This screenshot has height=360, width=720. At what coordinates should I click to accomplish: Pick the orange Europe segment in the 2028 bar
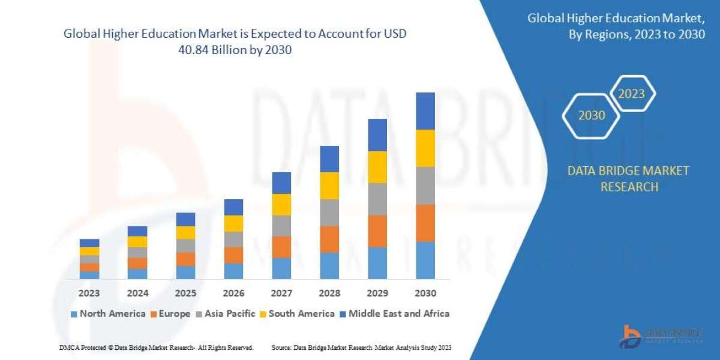click(329, 239)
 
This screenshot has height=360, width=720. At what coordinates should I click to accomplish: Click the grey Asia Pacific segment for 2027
click(281, 226)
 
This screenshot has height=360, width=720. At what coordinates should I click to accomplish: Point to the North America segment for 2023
click(89, 275)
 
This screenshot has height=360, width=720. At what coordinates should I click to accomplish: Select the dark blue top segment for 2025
click(185, 219)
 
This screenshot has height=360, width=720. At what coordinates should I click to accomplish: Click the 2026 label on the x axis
click(233, 294)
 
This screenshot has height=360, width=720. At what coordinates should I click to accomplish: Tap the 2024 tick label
click(137, 294)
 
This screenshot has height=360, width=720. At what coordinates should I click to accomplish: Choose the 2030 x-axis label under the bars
click(425, 294)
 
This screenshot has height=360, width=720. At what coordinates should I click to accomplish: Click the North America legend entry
click(108, 313)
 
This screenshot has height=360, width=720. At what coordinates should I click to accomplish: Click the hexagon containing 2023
click(632, 94)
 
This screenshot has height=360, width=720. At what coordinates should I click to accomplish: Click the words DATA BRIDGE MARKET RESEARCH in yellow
click(628, 179)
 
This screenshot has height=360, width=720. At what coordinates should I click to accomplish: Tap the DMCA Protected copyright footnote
click(156, 347)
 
